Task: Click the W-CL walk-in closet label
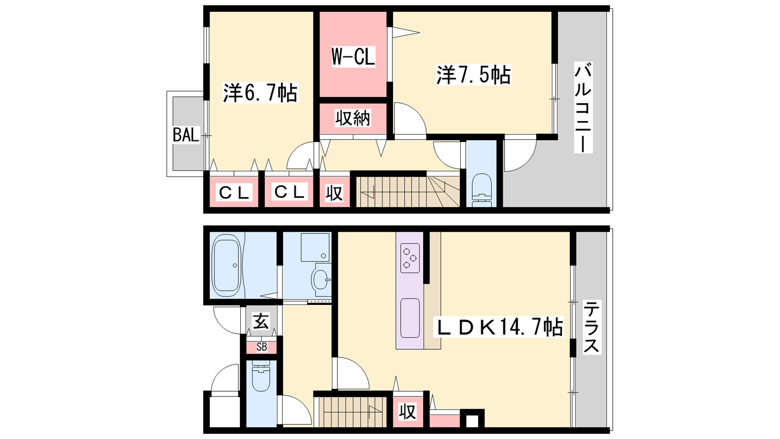353,57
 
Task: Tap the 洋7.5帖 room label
473,75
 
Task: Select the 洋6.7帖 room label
260,93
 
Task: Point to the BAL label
186,135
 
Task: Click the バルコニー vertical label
583,108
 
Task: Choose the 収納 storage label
353,118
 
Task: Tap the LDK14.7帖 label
498,327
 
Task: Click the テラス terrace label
592,327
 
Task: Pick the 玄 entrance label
261,321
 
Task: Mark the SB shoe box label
261,347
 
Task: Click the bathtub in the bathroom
227,265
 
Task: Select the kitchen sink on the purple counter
410,318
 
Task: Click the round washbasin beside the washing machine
321,279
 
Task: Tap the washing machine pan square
315,247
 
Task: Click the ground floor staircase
352,412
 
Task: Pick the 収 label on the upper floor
334,193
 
